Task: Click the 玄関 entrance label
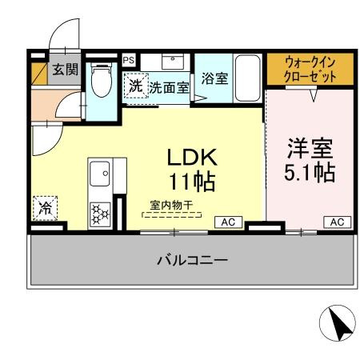66,70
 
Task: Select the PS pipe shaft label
128,59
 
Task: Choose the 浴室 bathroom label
214,78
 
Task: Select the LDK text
192,157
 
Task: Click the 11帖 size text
192,181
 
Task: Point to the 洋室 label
310,149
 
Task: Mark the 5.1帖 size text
310,172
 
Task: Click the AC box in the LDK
227,222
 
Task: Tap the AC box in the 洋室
337,222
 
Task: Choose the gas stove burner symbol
101,212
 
